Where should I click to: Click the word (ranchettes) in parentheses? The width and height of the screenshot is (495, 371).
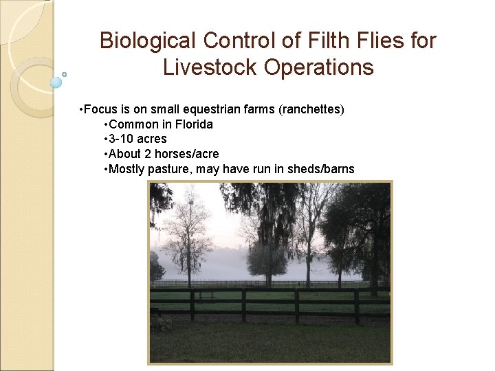click(x=311, y=110)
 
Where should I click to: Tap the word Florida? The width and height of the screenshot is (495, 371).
click(x=189, y=124)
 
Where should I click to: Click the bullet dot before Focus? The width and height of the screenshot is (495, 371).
click(x=82, y=110)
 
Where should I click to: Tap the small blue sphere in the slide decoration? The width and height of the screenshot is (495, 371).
click(x=56, y=82)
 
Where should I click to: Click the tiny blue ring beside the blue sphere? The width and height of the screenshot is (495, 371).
click(x=65, y=74)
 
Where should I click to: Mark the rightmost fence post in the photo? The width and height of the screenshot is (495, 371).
click(x=357, y=306)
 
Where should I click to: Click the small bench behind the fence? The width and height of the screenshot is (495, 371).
click(x=205, y=296)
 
